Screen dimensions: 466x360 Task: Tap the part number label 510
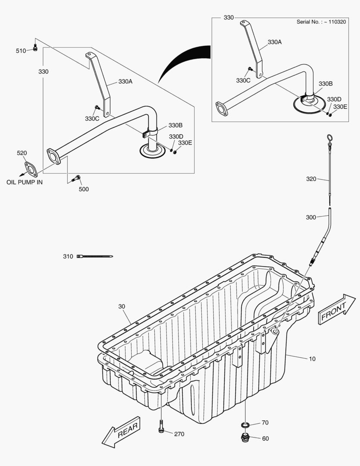(21, 51)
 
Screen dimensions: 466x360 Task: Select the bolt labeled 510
(35, 48)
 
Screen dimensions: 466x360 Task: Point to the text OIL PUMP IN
(25, 182)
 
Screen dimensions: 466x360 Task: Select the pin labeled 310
(95, 256)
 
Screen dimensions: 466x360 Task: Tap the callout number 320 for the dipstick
(311, 179)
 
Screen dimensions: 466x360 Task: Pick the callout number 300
(311, 217)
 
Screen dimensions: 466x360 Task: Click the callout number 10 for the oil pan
(312, 359)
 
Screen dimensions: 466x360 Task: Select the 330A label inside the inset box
(274, 42)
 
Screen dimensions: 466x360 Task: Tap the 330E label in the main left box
(185, 143)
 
